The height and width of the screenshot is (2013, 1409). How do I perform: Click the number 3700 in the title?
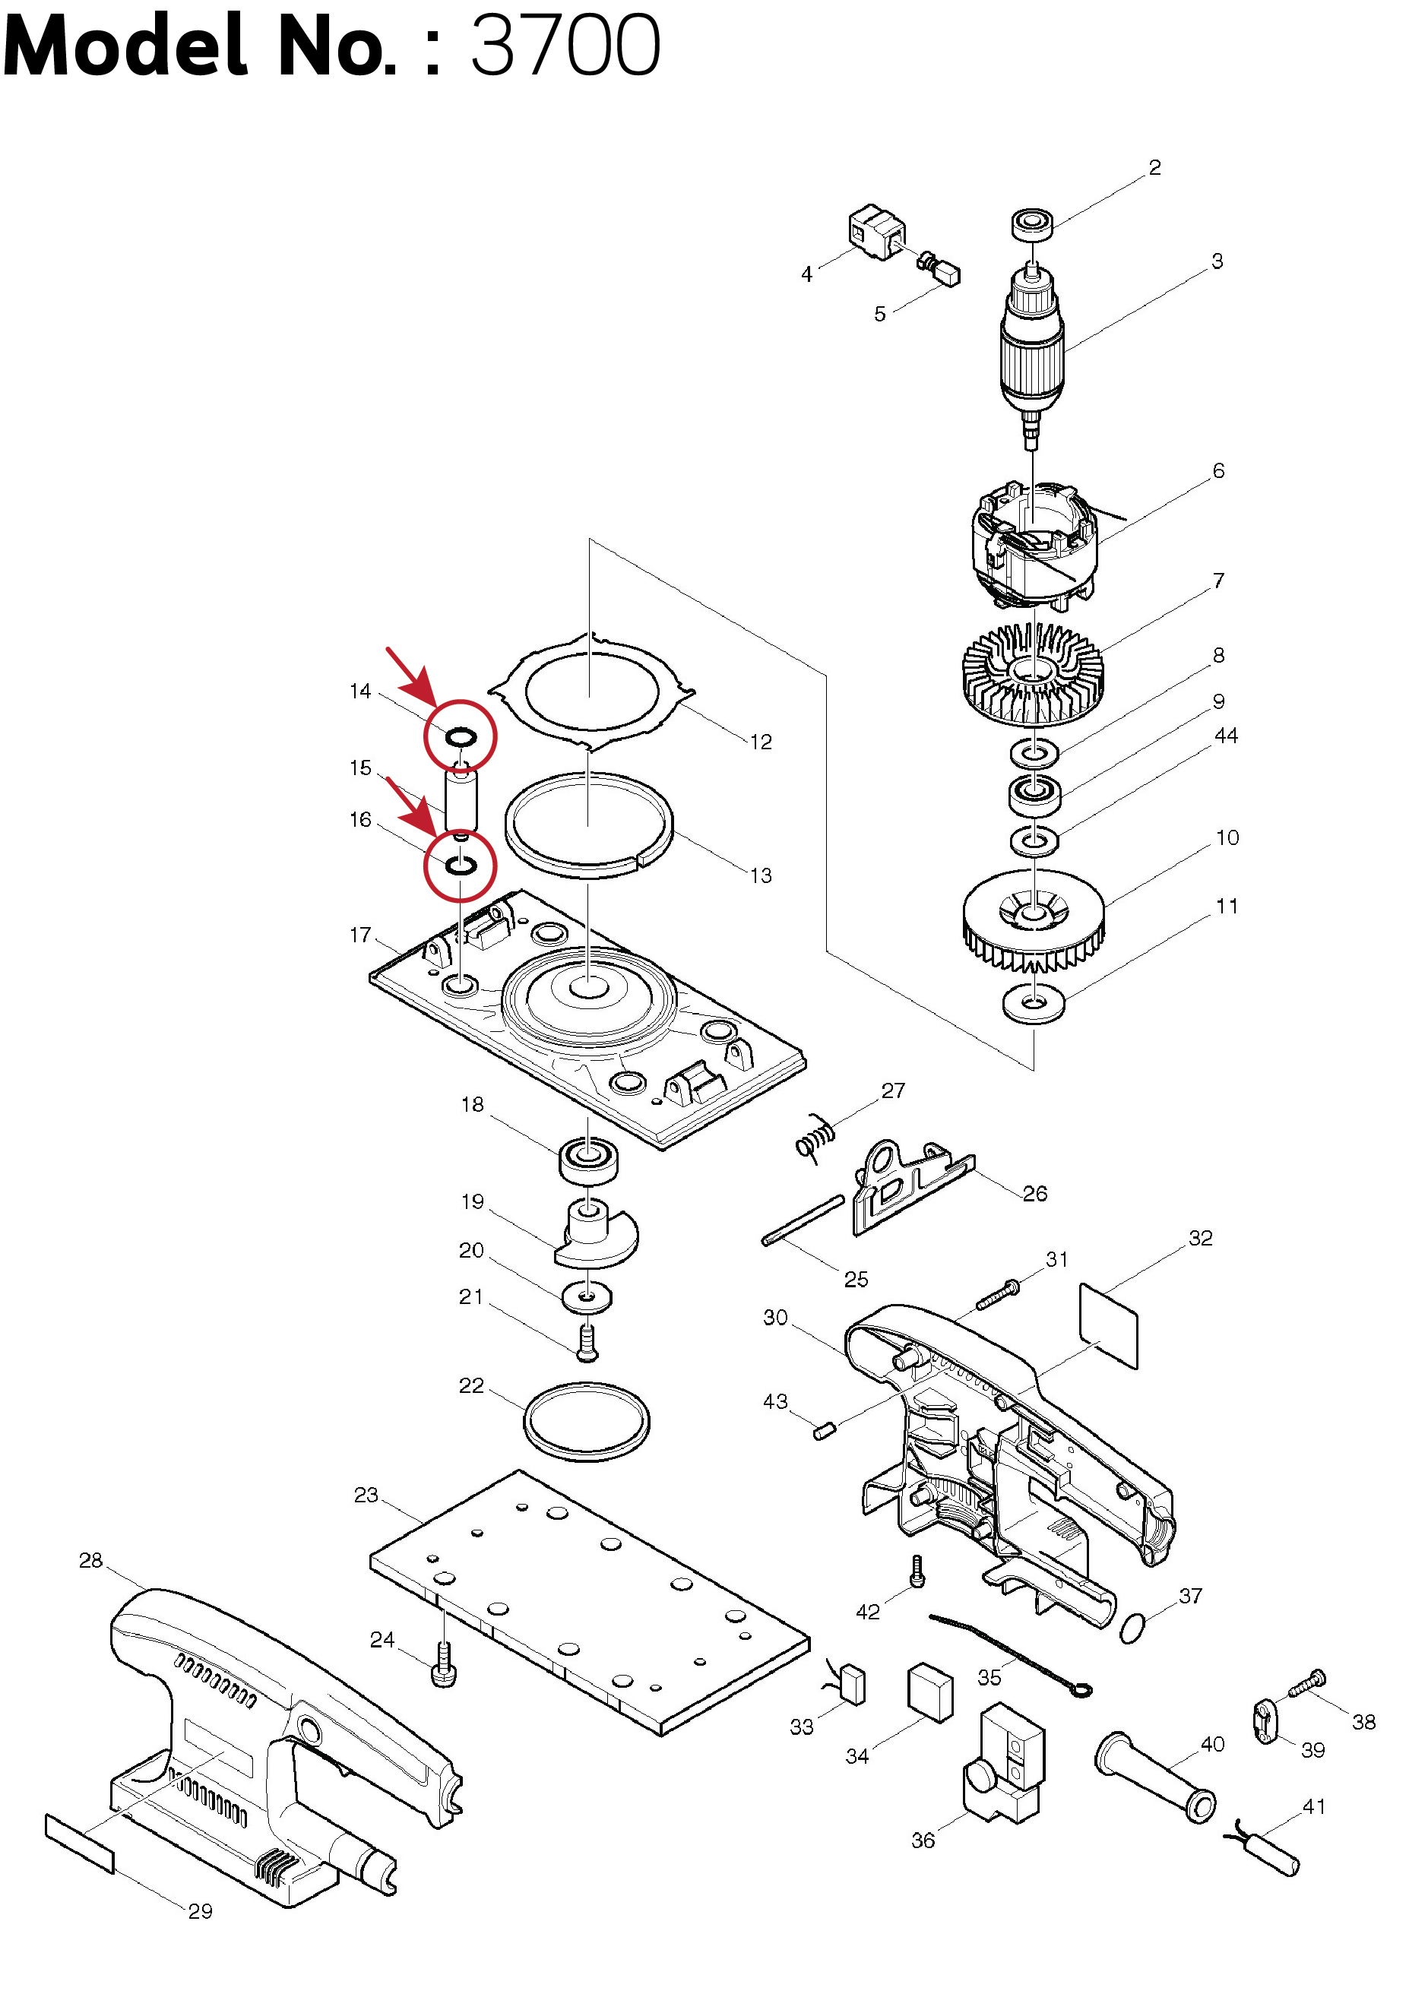[x=565, y=46]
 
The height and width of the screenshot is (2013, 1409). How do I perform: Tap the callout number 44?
[x=1226, y=736]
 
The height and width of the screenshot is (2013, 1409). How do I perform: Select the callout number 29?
[x=201, y=1911]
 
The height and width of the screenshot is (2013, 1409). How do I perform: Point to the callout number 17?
[x=360, y=935]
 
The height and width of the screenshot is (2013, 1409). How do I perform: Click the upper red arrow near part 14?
[x=410, y=675]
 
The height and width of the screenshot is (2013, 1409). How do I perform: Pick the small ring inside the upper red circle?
[x=461, y=736]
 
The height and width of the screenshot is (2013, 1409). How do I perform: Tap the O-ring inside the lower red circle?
[x=461, y=866]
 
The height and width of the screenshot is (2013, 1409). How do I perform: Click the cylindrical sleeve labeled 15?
[x=461, y=798]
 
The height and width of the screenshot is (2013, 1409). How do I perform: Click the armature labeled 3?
[x=1033, y=350]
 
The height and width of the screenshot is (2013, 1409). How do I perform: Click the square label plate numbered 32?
[x=1108, y=1325]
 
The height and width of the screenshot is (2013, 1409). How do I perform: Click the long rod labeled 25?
[x=803, y=1220]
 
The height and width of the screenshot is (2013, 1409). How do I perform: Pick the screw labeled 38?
[x=1306, y=1683]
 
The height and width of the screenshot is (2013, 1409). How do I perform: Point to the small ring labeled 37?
[x=1133, y=1627]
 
